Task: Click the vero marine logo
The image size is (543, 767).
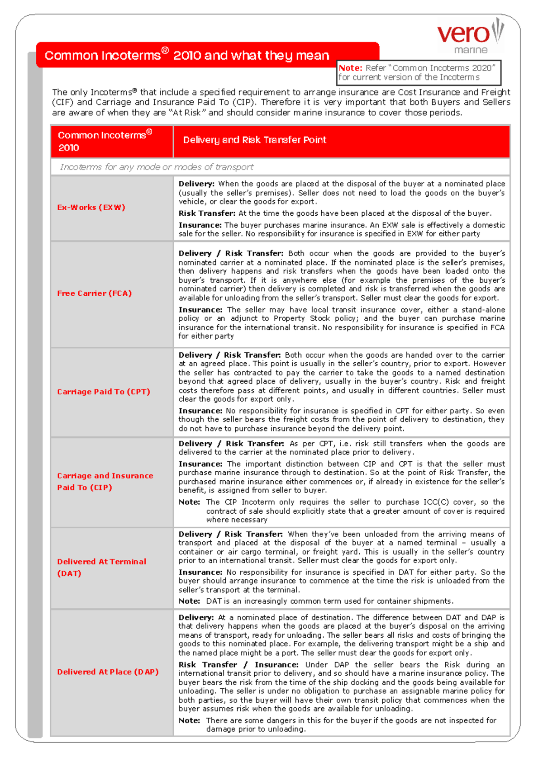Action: pyautogui.click(x=470, y=36)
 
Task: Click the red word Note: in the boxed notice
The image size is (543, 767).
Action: pyautogui.click(x=350, y=68)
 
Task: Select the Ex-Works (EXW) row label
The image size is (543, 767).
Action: pyautogui.click(x=91, y=208)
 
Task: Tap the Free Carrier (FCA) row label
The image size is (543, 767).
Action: pyautogui.click(x=94, y=294)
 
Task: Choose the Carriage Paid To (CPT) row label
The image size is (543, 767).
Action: pyautogui.click(x=103, y=392)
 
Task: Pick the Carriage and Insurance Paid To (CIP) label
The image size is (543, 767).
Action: pyautogui.click(x=105, y=481)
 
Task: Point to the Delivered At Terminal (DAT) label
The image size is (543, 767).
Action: pyautogui.click(x=101, y=567)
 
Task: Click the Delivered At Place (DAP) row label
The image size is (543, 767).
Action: pyautogui.click(x=108, y=672)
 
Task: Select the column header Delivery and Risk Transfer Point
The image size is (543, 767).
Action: pyautogui.click(x=254, y=140)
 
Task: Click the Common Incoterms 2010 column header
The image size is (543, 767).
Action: pyautogui.click(x=104, y=141)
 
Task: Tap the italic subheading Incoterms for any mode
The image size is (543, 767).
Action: pyautogui.click(x=156, y=167)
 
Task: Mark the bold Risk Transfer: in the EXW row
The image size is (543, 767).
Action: pyautogui.click(x=207, y=213)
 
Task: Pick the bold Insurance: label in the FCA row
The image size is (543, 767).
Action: pyautogui.click(x=200, y=310)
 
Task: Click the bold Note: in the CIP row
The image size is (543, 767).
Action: pyautogui.click(x=189, y=502)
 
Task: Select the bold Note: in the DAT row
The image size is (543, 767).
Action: pyautogui.click(x=189, y=601)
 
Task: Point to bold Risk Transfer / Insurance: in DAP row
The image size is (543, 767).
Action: pyautogui.click(x=238, y=665)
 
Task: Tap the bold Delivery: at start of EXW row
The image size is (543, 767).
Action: pyautogui.click(x=196, y=184)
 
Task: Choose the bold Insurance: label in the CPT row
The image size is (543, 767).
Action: pyautogui.click(x=200, y=411)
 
